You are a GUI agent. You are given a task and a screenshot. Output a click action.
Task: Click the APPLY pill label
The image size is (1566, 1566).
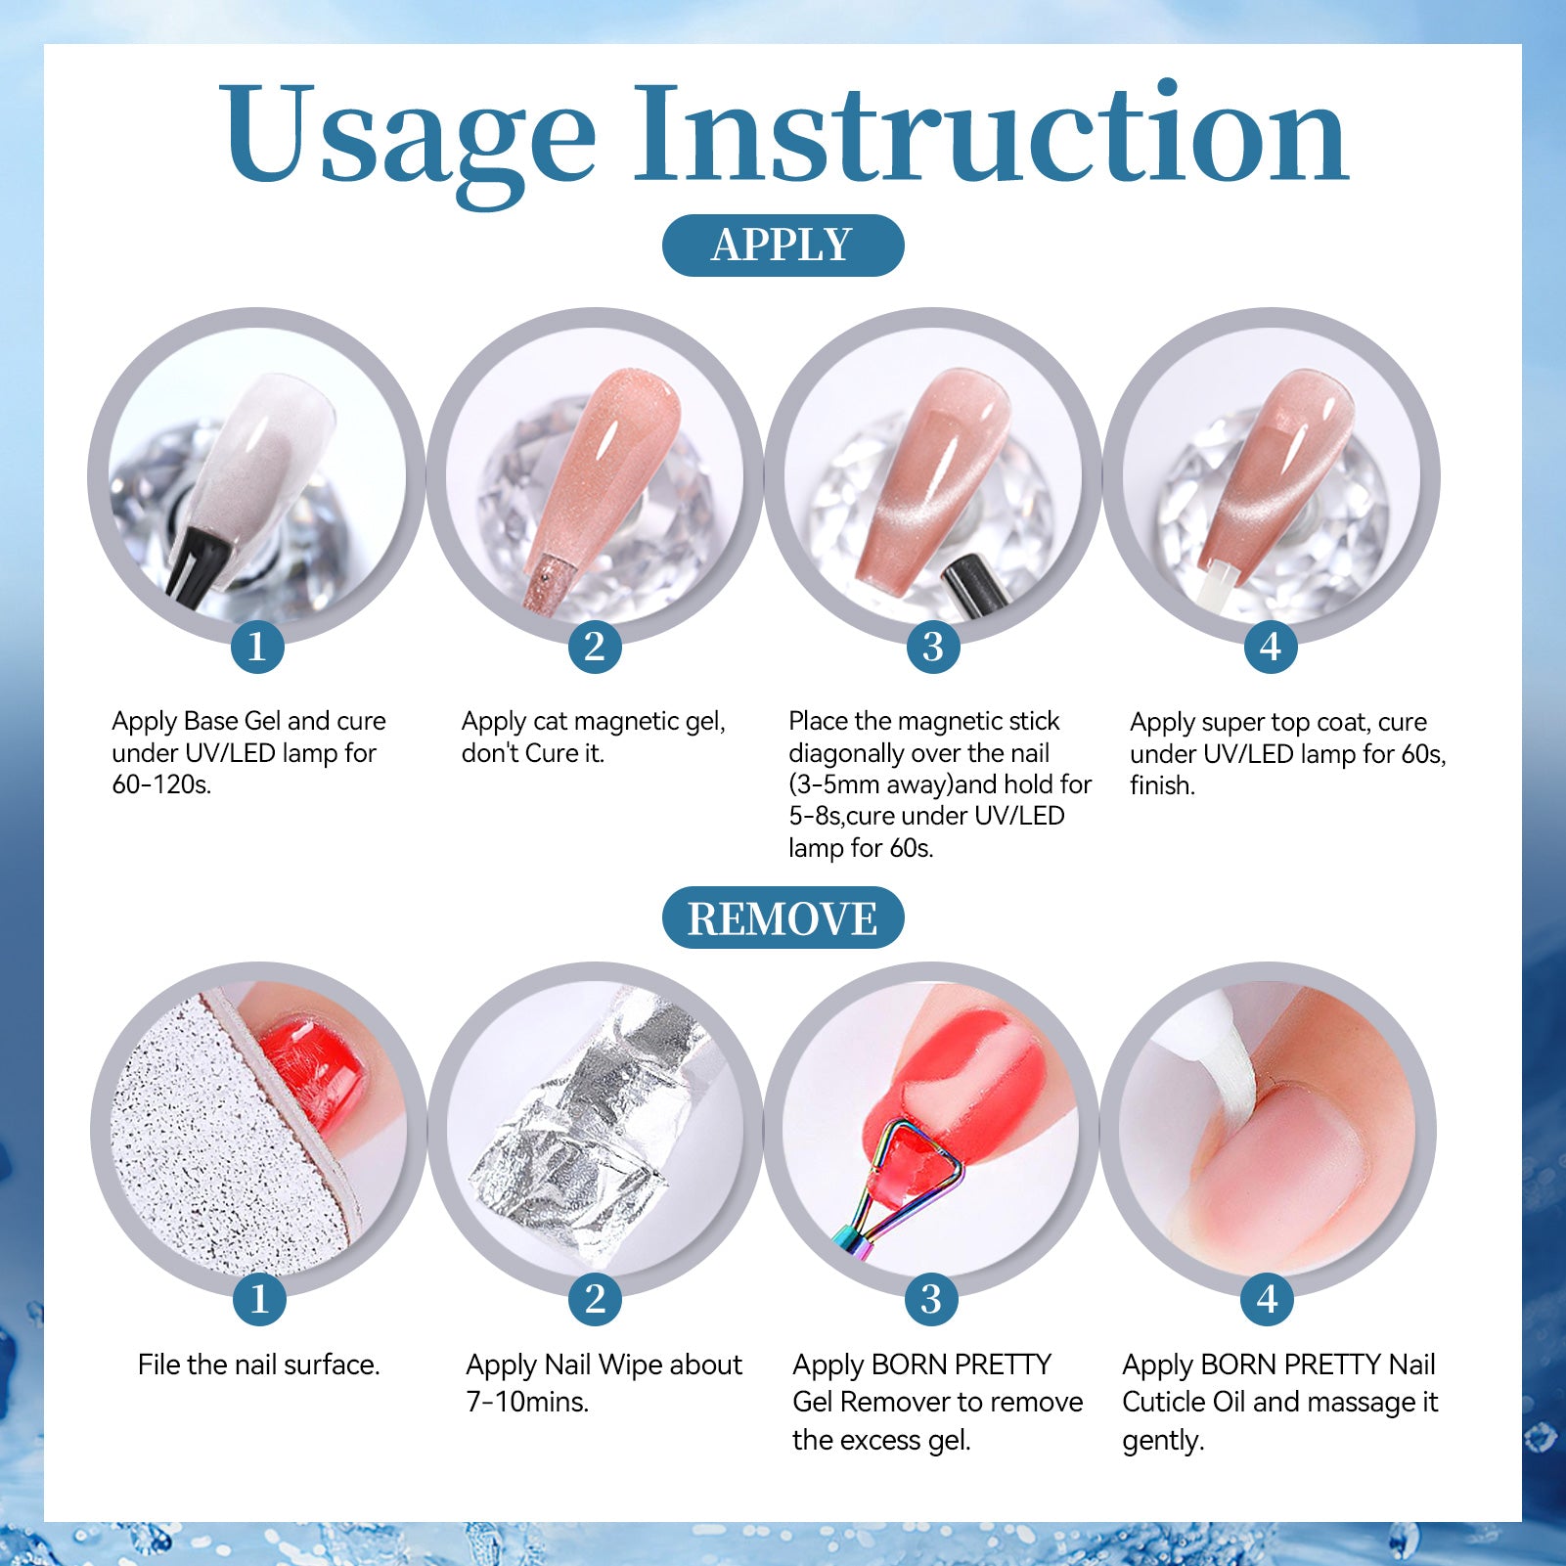(x=783, y=245)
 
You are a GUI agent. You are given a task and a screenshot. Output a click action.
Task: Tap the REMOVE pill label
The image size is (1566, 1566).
(x=783, y=917)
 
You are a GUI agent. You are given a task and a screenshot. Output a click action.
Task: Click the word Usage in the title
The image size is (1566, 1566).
(x=407, y=138)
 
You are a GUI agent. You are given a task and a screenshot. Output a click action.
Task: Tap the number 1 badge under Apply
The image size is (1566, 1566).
(x=257, y=647)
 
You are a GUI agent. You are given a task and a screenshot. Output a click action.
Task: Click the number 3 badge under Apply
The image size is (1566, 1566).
(x=932, y=647)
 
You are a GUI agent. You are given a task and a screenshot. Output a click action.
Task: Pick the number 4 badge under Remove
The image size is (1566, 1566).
(x=1268, y=1299)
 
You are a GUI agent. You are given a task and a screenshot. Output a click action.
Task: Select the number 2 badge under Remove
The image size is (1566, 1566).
(x=595, y=1299)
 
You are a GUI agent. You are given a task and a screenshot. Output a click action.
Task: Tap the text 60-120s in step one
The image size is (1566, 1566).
(x=161, y=784)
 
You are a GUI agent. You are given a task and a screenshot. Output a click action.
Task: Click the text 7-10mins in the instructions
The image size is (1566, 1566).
(x=527, y=1402)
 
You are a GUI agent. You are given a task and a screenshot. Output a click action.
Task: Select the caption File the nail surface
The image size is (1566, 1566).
(x=259, y=1365)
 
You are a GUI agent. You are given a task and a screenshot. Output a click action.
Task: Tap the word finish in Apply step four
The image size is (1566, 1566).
(x=1162, y=785)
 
